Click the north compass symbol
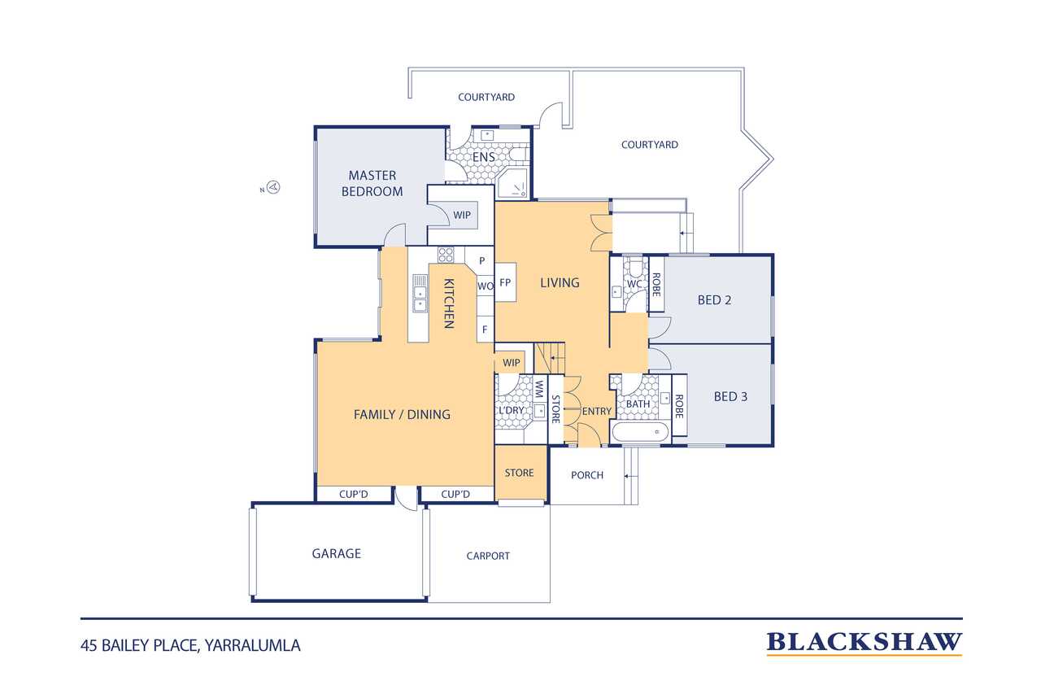pos(274,187)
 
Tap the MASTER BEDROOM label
pos(372,184)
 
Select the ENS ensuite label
pos(484,157)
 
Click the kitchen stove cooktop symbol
pos(446,255)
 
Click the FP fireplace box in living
pos(505,282)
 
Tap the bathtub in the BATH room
pos(641,432)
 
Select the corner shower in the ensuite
pos(513,183)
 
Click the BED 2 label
pos(714,300)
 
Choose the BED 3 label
pos(730,396)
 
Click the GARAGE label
pos(337,553)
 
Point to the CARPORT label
pos(488,556)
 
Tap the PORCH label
pos(587,475)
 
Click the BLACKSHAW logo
pos(864,643)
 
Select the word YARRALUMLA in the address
pos(253,646)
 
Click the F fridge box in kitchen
pos(485,330)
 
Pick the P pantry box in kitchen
pos(482,260)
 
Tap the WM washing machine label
pos(539,390)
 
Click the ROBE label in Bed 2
pos(656,285)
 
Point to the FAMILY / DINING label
pos(402,414)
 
